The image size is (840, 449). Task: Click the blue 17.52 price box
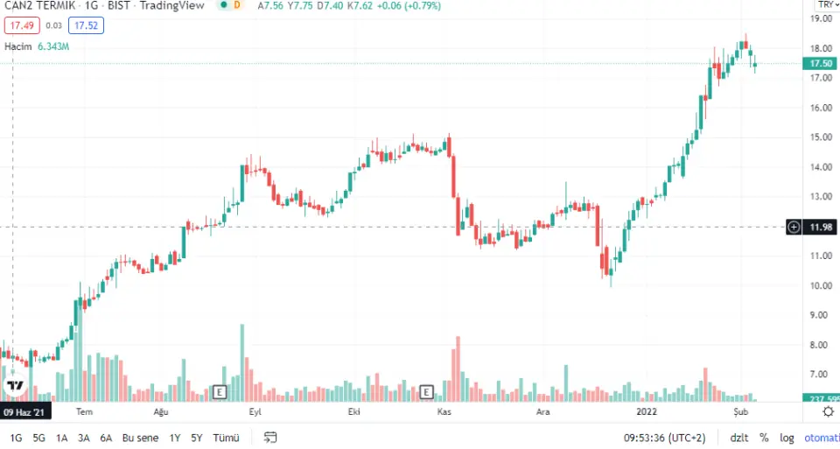click(87, 26)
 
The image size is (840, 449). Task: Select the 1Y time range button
click(175, 438)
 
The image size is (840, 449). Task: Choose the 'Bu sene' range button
click(139, 438)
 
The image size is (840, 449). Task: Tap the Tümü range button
click(227, 438)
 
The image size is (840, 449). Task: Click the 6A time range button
click(106, 438)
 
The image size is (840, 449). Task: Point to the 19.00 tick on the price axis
click(820, 18)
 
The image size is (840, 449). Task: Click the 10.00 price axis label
click(820, 286)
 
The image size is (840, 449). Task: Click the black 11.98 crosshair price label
click(820, 228)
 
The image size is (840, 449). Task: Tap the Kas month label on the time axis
click(444, 411)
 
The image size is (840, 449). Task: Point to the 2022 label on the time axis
click(647, 411)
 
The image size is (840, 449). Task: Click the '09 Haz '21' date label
click(26, 411)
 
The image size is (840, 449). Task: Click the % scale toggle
click(764, 438)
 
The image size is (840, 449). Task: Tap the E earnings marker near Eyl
click(220, 391)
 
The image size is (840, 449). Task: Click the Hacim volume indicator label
click(17, 46)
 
